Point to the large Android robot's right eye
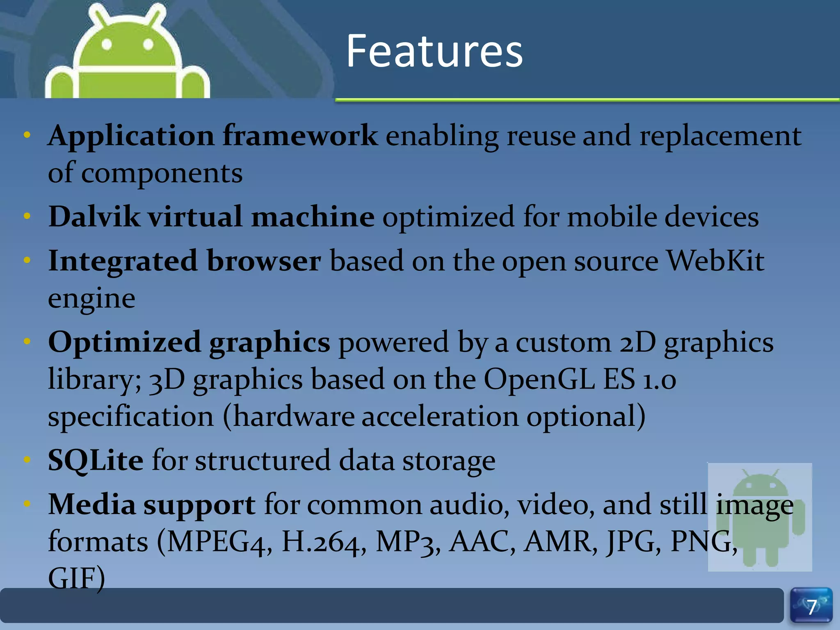click(x=148, y=44)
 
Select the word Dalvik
click(x=94, y=217)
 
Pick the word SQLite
click(x=96, y=460)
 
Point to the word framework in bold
click(x=300, y=135)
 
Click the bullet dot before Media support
click(x=27, y=504)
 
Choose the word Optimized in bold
click(x=124, y=342)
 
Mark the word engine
click(x=91, y=298)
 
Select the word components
click(x=162, y=173)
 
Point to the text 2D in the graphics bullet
click(x=637, y=342)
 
